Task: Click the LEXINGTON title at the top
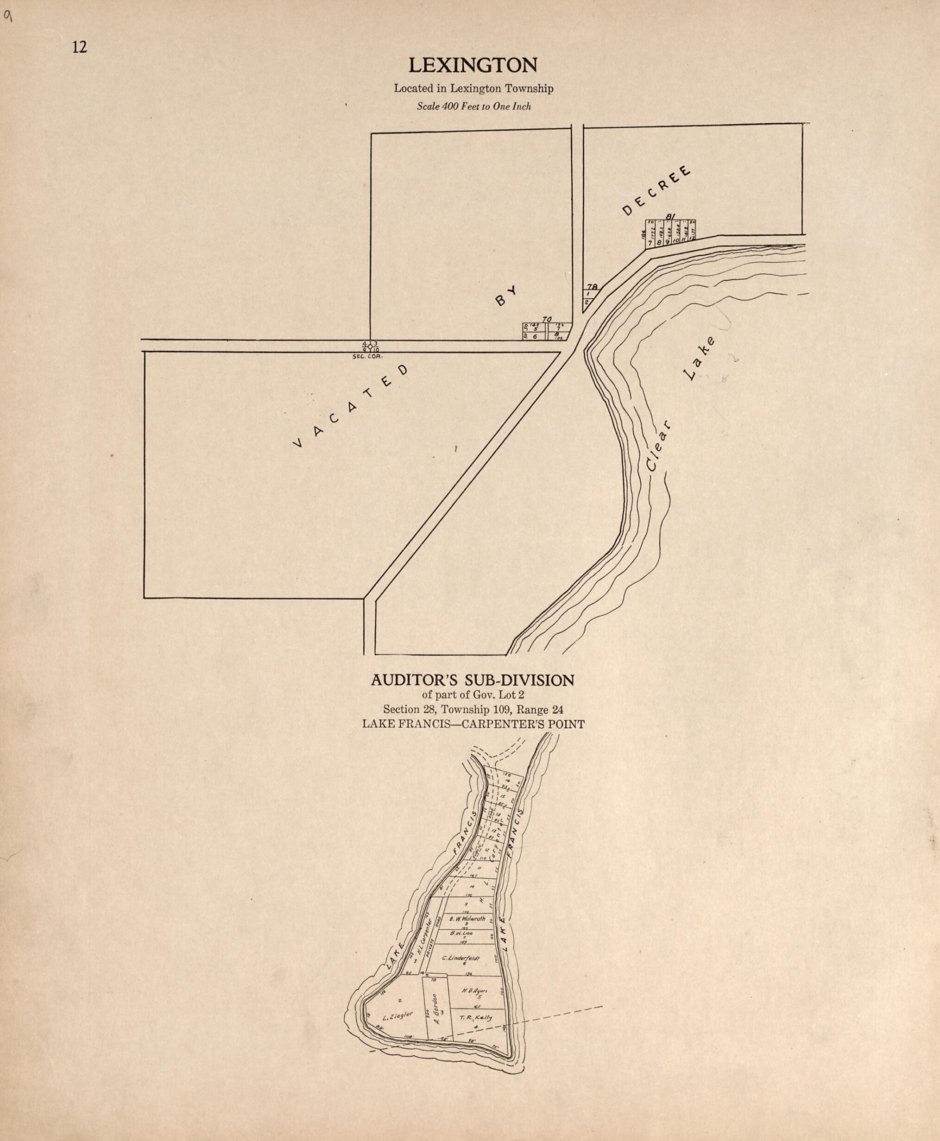(x=472, y=65)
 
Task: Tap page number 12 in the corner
(x=79, y=48)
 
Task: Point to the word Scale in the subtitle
(x=428, y=107)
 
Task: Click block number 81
(x=670, y=217)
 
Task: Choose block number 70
(x=547, y=320)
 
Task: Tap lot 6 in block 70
(x=535, y=336)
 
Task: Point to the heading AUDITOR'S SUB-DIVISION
(x=472, y=680)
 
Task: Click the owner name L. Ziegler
(x=397, y=1016)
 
